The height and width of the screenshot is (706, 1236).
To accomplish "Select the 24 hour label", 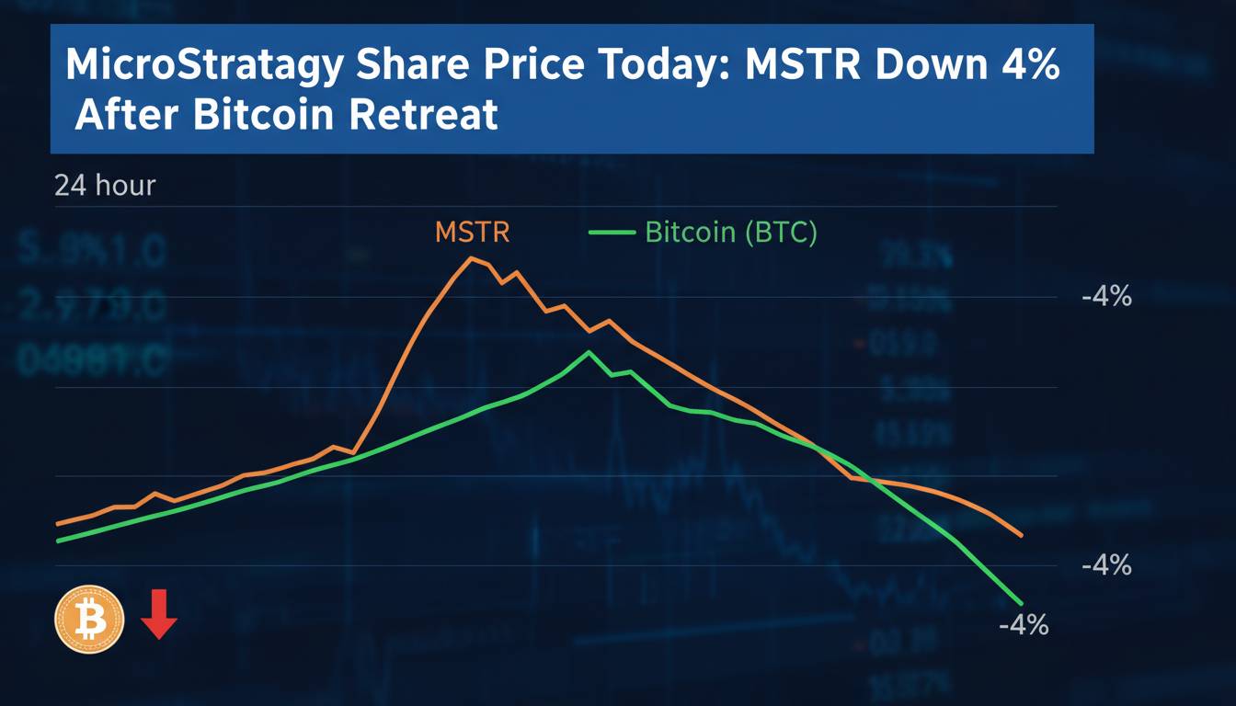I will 105,186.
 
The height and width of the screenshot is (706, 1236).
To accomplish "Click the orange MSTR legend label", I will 472,232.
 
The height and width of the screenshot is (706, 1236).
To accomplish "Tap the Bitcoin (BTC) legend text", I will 730,232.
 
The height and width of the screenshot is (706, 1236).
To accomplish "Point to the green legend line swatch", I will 612,233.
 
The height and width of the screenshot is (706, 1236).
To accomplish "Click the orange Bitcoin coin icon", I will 89,620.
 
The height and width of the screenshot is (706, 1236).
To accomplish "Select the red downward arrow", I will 159,615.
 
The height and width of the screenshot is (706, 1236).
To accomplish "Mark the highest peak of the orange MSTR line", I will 472,258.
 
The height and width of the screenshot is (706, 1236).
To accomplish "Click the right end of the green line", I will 1021,602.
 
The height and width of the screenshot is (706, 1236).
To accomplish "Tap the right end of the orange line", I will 1022,535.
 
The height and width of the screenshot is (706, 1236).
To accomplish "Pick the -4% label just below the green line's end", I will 1023,625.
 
